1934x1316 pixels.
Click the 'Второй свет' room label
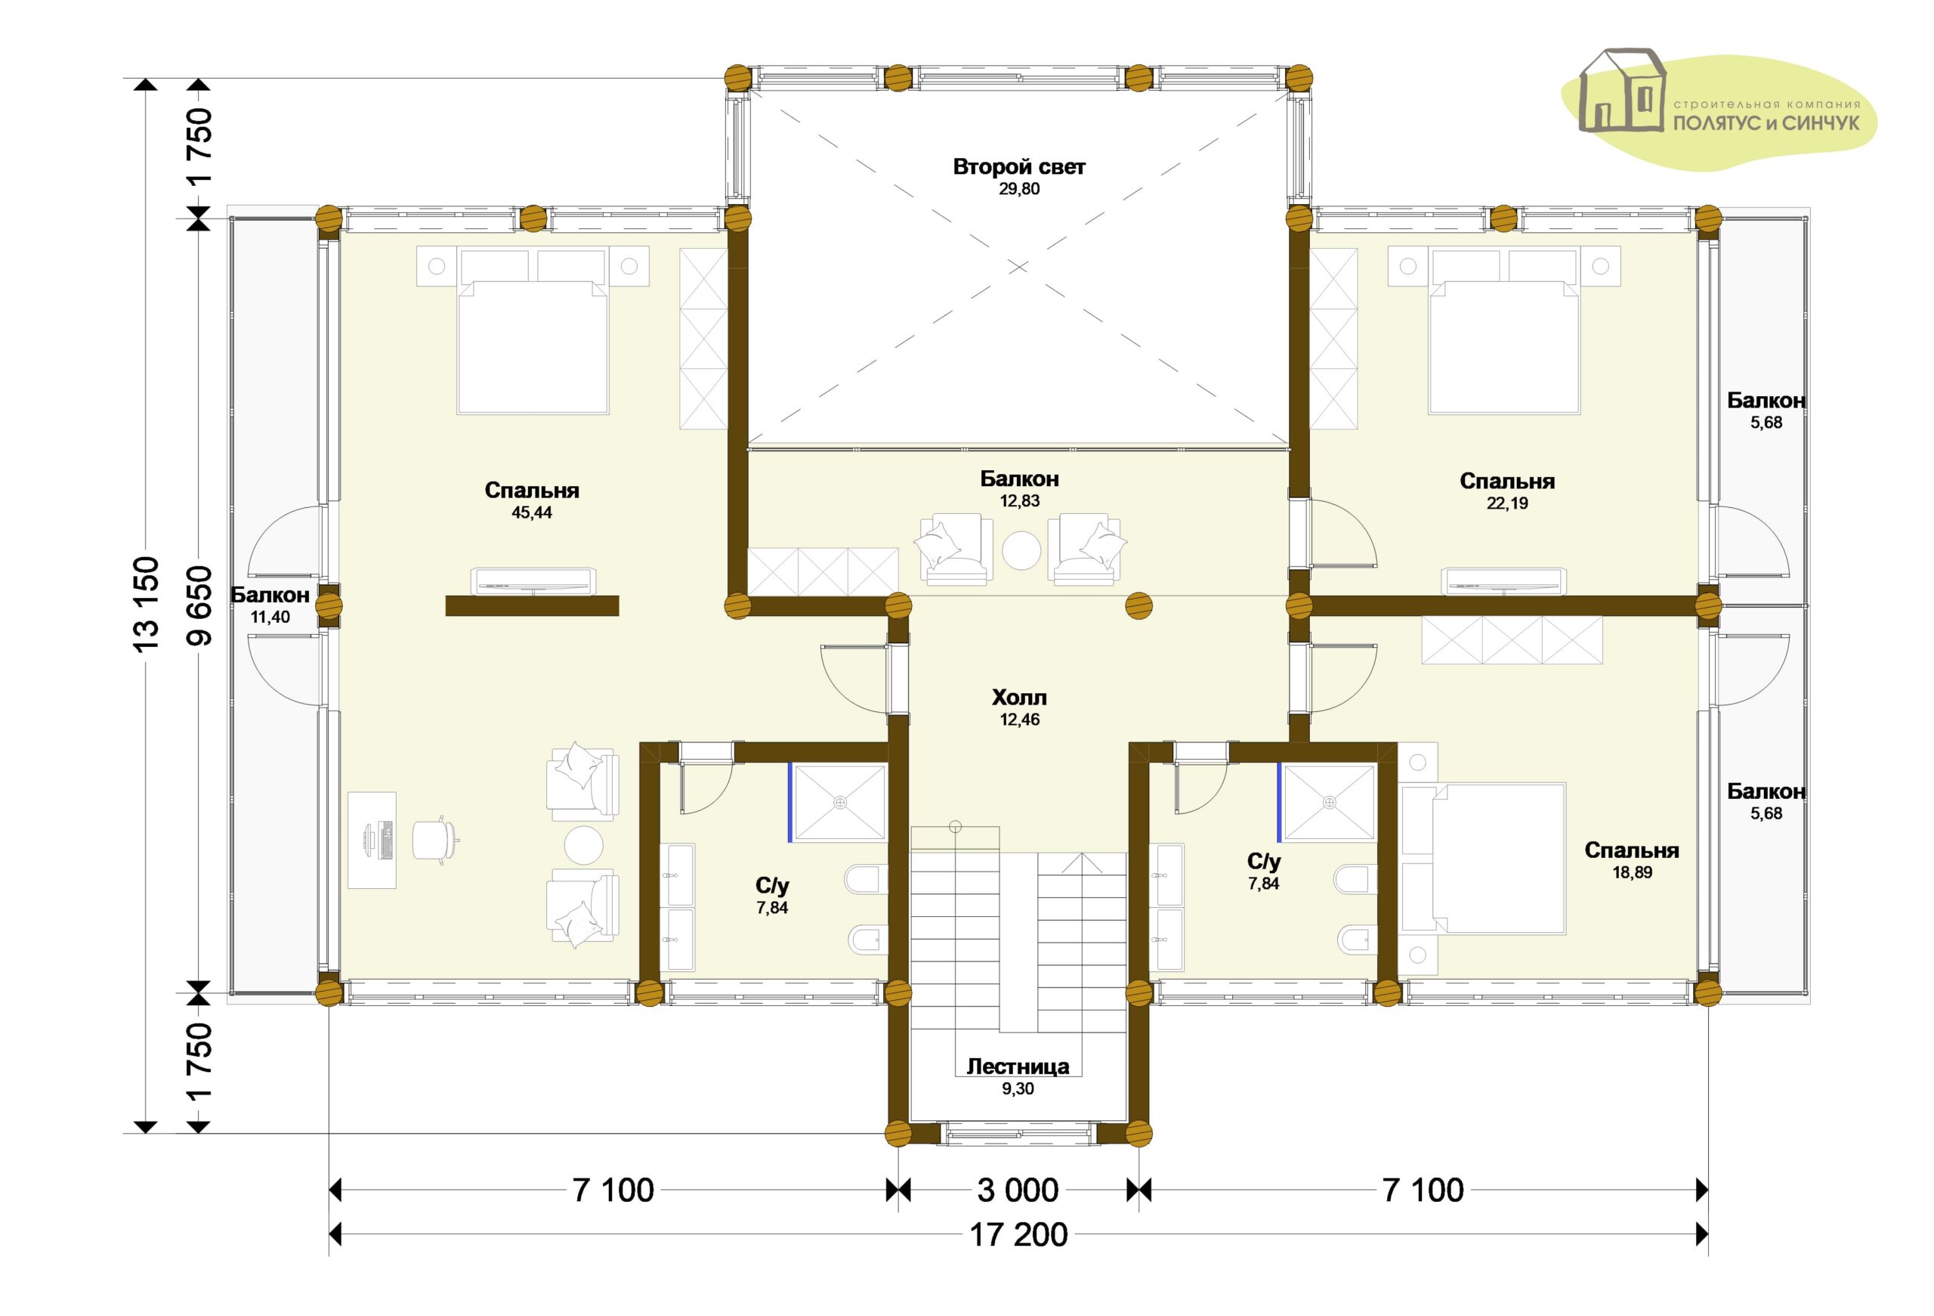coord(1018,167)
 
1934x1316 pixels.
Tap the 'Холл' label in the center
coord(1018,698)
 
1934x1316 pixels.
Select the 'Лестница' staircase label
coord(1018,1067)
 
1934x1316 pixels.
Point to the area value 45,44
coord(532,512)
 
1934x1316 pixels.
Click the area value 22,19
coord(1507,503)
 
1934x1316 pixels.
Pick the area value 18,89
coord(1632,872)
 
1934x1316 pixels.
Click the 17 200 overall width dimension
coord(1018,1235)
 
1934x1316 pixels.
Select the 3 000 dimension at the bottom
coord(1018,1191)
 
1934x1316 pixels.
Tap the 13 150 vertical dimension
coord(146,603)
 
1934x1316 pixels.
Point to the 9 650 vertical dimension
coord(199,606)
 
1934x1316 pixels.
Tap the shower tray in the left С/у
coord(839,803)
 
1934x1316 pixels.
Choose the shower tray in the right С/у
coord(1329,803)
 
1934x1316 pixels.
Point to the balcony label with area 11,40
coord(270,606)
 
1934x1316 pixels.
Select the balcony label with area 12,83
coord(1019,490)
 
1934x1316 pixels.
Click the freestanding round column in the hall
coord(1138,606)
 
